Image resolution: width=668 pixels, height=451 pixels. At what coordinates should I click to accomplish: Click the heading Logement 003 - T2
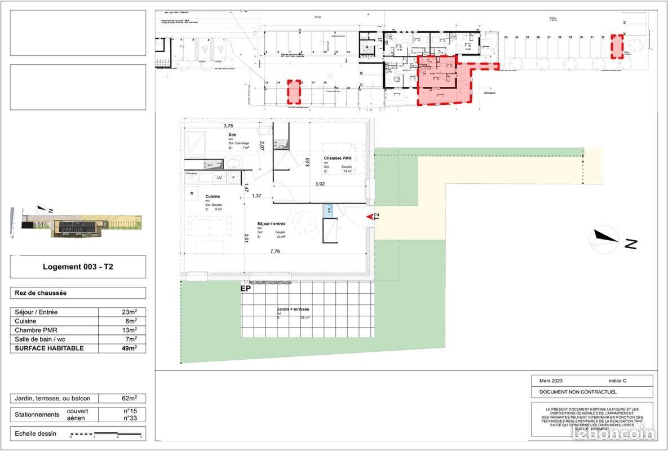pos(78,267)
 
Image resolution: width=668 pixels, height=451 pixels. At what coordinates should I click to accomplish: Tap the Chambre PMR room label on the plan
pos(337,158)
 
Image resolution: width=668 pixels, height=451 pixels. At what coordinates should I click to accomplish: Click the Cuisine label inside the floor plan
pos(213,196)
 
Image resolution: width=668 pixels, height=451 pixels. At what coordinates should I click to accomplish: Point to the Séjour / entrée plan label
pos(271,223)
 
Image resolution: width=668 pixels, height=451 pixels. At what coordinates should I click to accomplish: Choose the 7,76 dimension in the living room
pos(275,252)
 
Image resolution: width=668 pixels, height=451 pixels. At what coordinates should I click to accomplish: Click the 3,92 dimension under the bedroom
pos(320,184)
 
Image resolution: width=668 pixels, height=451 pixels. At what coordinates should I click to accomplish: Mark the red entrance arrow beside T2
pos(370,216)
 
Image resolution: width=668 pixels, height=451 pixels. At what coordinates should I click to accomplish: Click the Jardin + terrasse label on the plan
pos(293,309)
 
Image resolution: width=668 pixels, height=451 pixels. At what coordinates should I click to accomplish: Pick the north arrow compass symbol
pos(604,239)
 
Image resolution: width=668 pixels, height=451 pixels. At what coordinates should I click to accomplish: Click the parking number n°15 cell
pos(131,411)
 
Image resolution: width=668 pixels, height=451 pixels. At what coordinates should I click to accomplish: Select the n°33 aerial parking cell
pos(131,418)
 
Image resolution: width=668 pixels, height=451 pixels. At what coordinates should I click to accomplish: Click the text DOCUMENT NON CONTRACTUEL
pos(578,392)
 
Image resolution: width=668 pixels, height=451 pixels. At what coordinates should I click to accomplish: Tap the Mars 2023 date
pos(551,381)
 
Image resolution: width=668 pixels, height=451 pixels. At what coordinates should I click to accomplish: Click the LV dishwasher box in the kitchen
pos(219,178)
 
